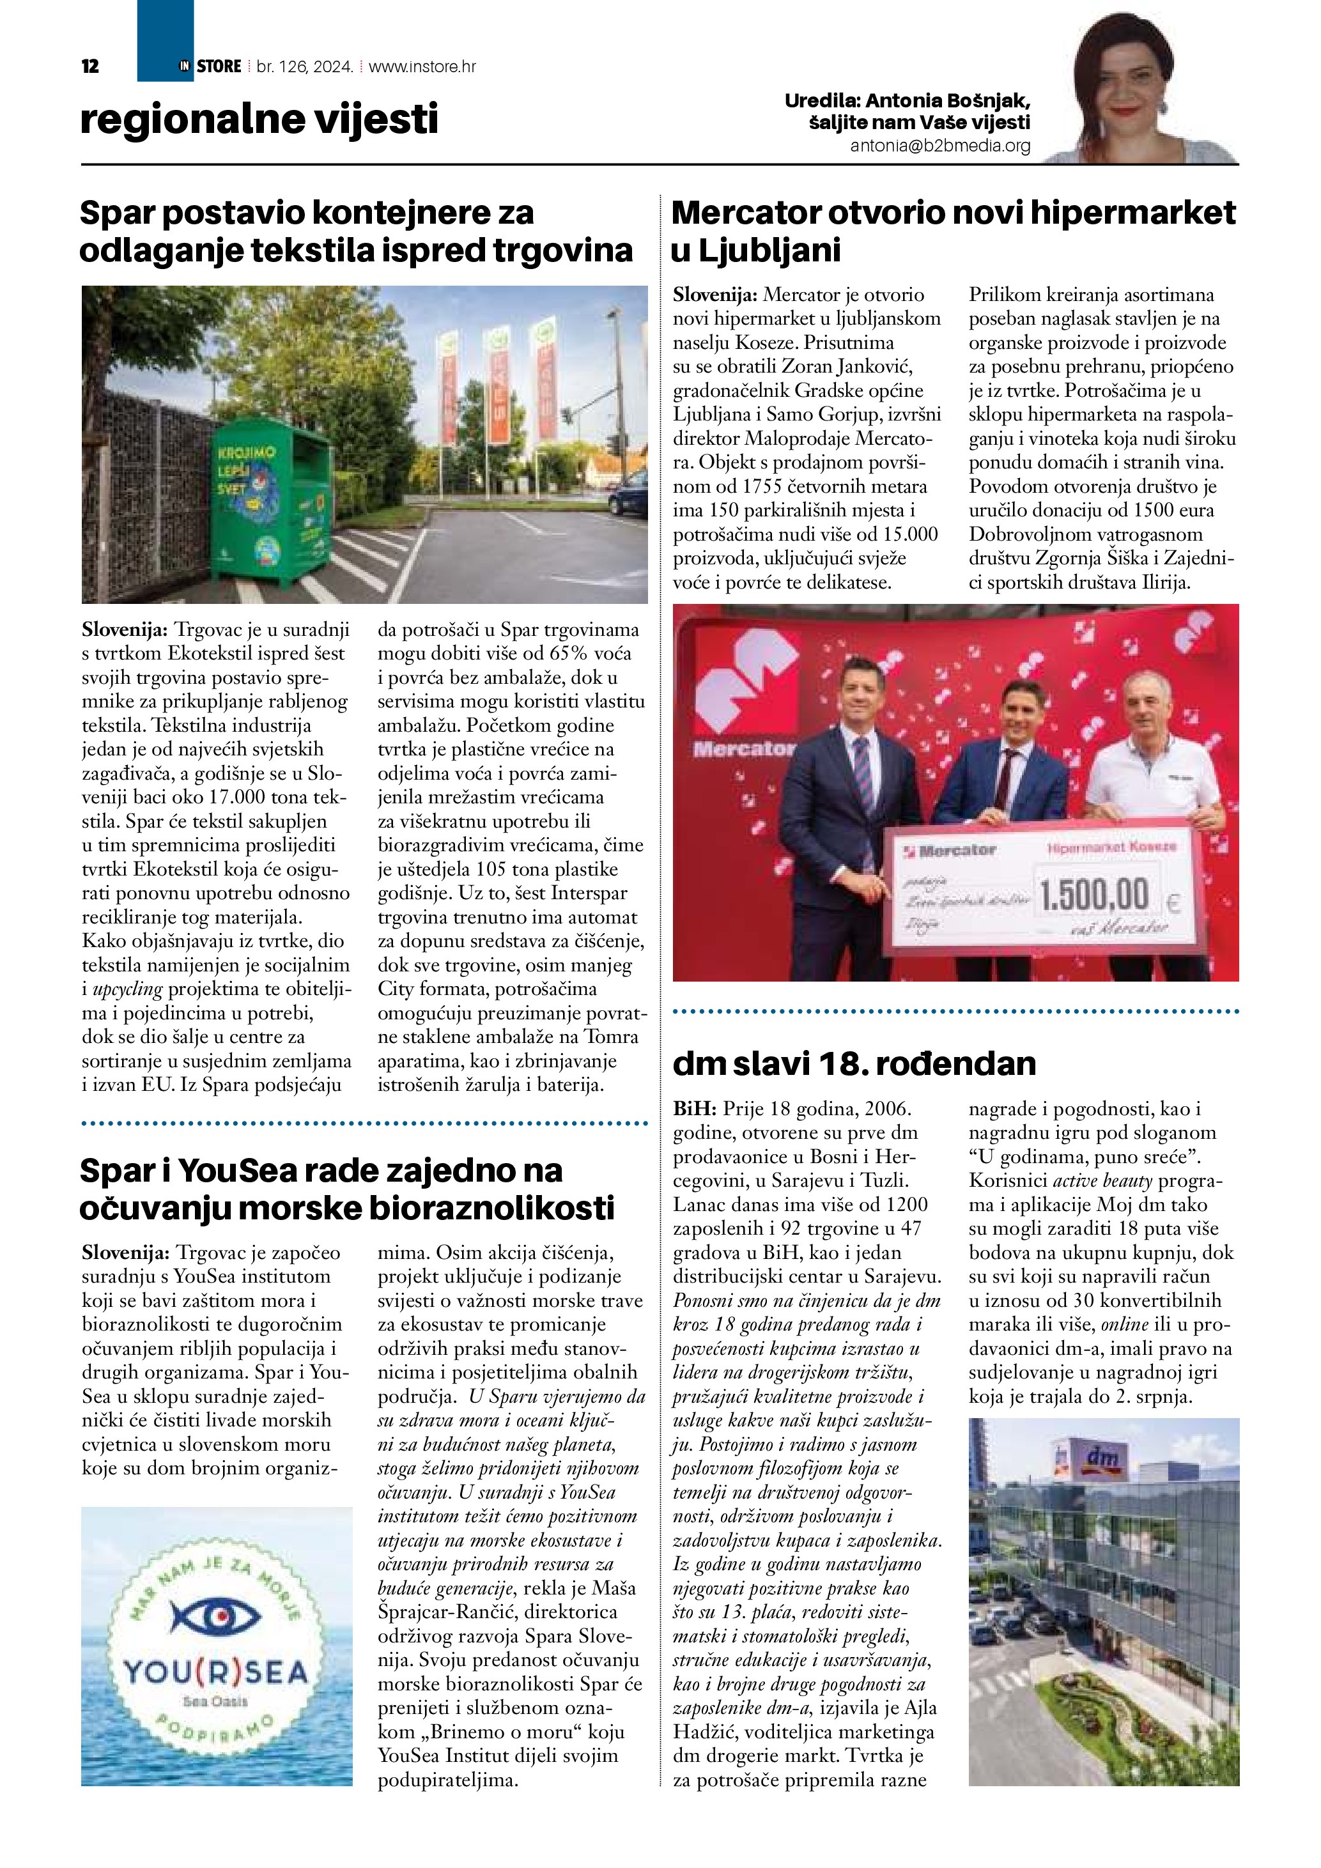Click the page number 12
90,66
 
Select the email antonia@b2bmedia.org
939,146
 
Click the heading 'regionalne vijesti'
259,119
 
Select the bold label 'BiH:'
694,1108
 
